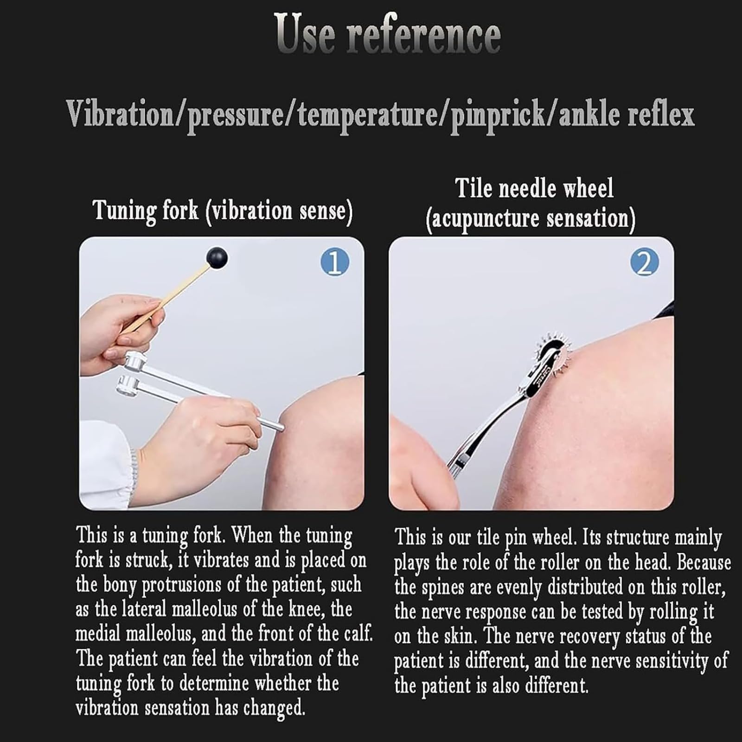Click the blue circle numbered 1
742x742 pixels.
tap(335, 262)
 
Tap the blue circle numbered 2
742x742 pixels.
tap(644, 262)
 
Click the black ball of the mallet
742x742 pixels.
tap(217, 258)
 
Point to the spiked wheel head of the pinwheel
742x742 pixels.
tap(556, 353)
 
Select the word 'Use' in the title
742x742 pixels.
tap(304, 33)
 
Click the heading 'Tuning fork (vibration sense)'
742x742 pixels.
tap(223, 211)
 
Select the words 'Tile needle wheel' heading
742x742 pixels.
tap(534, 189)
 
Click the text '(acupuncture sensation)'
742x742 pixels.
tap(531, 219)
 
